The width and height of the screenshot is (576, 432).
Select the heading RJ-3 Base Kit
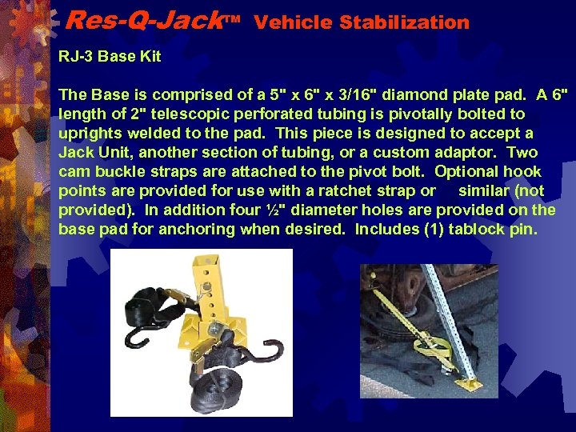pyautogui.click(x=110, y=56)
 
